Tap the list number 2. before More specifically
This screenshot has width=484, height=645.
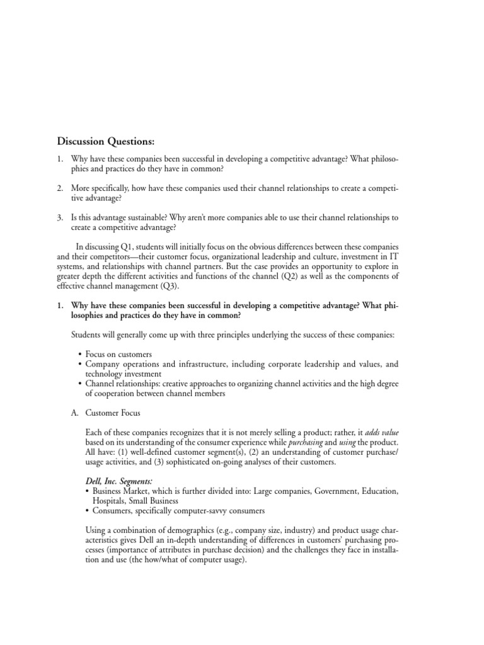point(60,188)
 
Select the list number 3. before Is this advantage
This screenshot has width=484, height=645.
point(60,217)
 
